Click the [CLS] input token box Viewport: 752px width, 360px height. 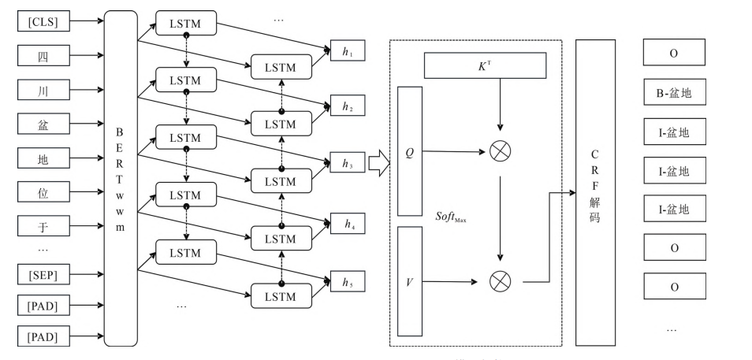[43, 21]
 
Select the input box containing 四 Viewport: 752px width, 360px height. [43, 55]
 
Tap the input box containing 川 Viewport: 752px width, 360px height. [43, 90]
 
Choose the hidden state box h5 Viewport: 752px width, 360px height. [348, 280]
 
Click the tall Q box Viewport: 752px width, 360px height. [410, 151]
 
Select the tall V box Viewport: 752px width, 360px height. [410, 280]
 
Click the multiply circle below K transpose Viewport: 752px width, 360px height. [500, 151]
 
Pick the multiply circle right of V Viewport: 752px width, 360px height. [500, 280]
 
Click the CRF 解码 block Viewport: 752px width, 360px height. [595, 191]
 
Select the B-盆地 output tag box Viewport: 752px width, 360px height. [673, 95]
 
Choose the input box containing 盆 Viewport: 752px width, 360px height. [43, 124]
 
